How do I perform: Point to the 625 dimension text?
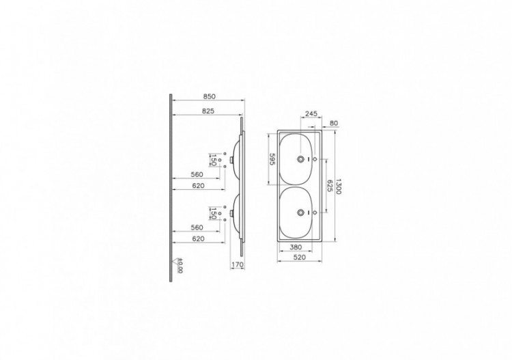click(x=330, y=184)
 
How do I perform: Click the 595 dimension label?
click(x=272, y=158)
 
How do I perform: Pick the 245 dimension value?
click(x=311, y=114)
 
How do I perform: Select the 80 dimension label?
click(x=333, y=124)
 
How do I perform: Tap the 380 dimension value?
click(x=296, y=247)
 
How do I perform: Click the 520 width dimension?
click(x=296, y=258)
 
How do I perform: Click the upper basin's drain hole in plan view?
click(x=300, y=158)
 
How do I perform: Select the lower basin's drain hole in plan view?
click(x=300, y=212)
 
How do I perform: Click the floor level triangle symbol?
click(x=173, y=260)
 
